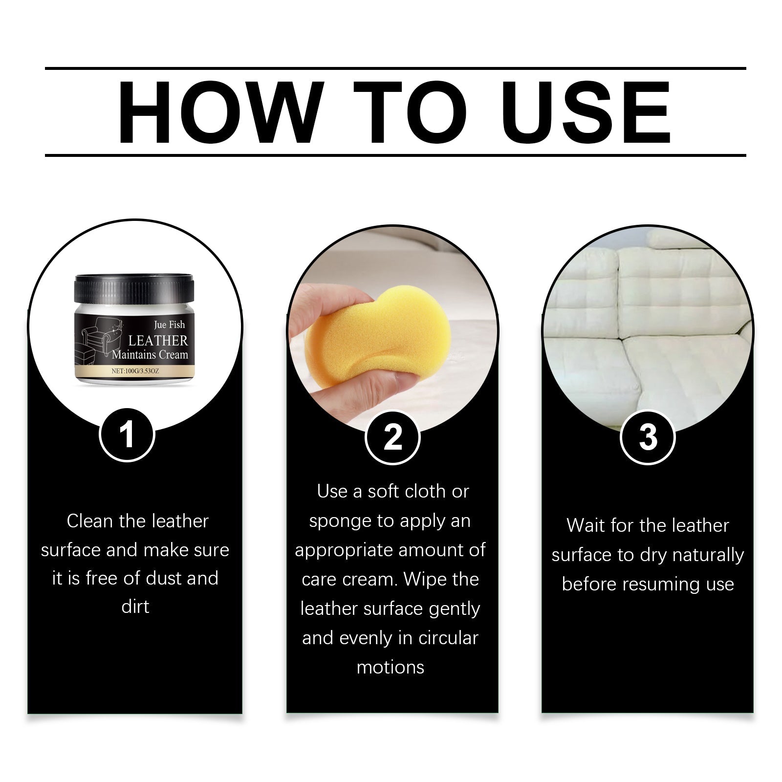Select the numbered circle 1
point(127,434)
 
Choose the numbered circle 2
point(392,437)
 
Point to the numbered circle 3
point(648,437)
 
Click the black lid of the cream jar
point(134,289)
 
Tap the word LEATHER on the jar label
point(158,341)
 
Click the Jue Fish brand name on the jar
point(169,325)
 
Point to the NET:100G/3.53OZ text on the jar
point(135,371)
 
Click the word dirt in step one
point(135,607)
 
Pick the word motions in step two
point(391,667)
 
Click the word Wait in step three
point(585,525)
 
